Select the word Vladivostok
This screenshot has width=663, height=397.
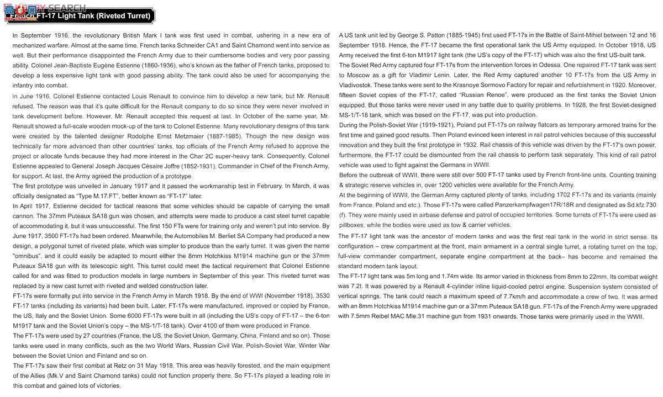click(x=355, y=85)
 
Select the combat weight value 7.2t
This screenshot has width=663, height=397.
click(x=357, y=287)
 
